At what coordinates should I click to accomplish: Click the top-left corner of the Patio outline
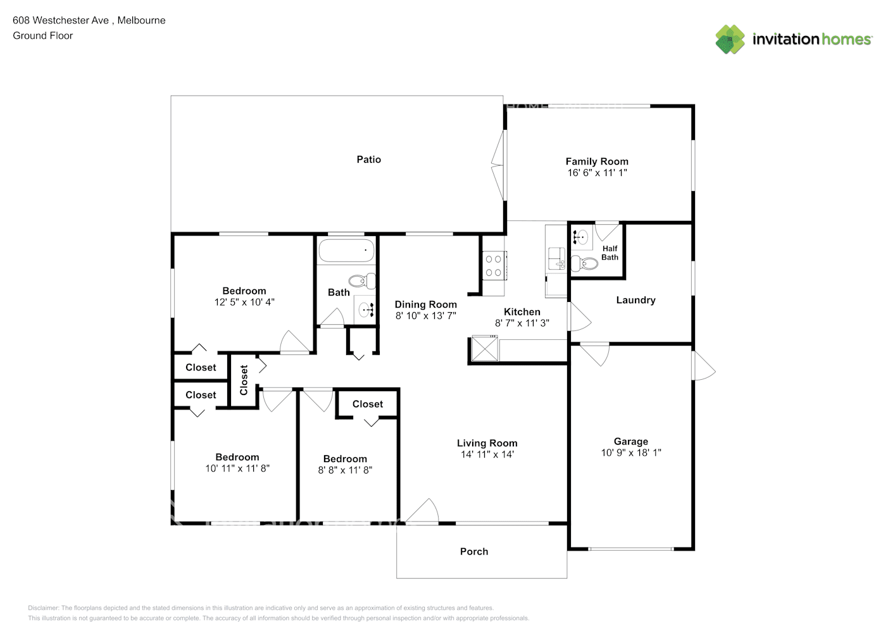pos(171,96)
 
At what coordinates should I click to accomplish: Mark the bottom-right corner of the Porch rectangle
pos(567,578)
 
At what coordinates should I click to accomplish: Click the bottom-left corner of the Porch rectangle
pos(397,578)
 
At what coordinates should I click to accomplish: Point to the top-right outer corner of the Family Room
pos(694,105)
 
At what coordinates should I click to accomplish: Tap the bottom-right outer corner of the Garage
pos(694,550)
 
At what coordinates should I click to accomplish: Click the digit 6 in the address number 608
pos(16,20)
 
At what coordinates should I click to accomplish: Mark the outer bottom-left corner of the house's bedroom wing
pos(172,523)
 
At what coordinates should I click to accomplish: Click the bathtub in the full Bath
pos(346,251)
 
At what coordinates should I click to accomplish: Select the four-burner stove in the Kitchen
pos(494,265)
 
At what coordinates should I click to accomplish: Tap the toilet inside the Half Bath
pos(585,263)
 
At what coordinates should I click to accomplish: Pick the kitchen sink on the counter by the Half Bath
pos(556,258)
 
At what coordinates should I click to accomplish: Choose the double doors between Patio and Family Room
pos(499,165)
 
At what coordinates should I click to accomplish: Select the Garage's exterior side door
pos(704,366)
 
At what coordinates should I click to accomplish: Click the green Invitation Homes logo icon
pos(730,39)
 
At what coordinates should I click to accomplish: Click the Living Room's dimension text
pos(487,454)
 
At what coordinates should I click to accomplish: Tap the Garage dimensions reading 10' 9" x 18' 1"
pos(631,453)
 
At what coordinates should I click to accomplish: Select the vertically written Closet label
pos(244,380)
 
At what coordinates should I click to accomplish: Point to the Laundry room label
pos(635,300)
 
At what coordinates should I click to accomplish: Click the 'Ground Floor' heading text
pos(43,35)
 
